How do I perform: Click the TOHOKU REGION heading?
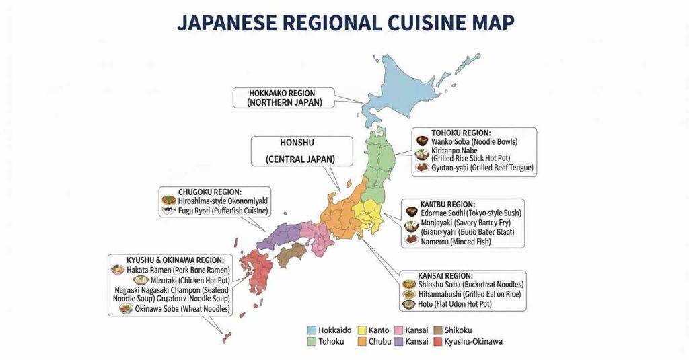tap(461, 133)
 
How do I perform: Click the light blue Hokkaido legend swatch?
tap(312, 330)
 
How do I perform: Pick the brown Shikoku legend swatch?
tap(438, 330)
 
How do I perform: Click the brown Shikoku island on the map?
tap(292, 254)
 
